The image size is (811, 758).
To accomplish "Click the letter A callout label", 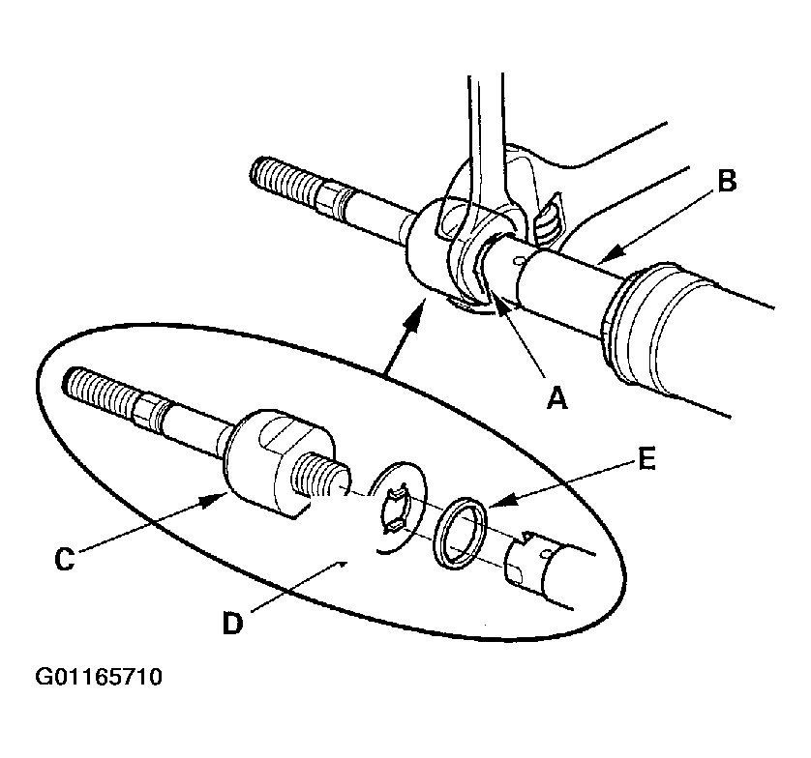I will click(556, 397).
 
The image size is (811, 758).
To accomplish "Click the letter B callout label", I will click(727, 181).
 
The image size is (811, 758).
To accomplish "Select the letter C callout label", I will click(64, 559).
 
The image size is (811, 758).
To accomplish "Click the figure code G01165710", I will click(100, 677).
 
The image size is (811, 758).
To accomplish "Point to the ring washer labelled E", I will click(460, 531).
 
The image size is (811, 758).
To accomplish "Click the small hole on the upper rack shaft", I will click(520, 259).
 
